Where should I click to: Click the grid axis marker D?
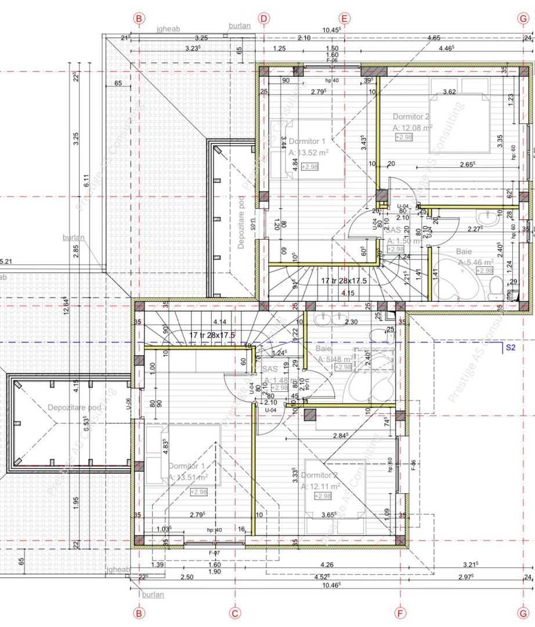point(264,18)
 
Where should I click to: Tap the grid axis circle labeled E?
point(344,18)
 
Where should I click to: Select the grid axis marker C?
point(235,612)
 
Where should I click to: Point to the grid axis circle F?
point(400,612)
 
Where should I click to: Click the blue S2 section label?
point(510,348)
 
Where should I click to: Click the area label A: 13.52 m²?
point(308,153)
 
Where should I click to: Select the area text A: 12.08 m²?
point(412,127)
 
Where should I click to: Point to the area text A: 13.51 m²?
point(188,477)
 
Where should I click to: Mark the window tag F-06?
point(332,60)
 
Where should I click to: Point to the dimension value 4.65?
point(433,38)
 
